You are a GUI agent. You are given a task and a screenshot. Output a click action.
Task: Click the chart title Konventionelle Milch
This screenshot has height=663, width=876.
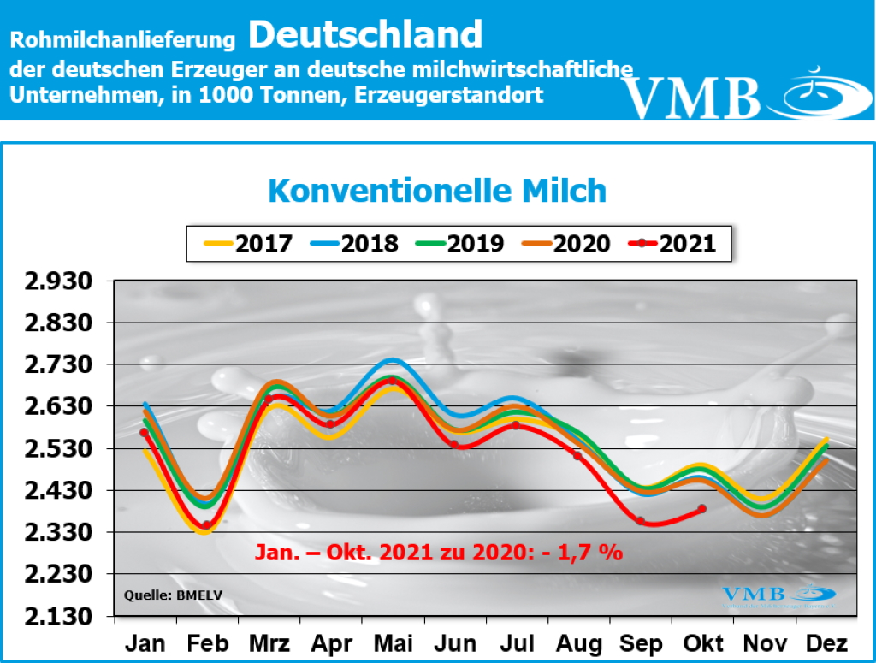pos(437,191)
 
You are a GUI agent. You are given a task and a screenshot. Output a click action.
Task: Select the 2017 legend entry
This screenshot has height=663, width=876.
pos(248,244)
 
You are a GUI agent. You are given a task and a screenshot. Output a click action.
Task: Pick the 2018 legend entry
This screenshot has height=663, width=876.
pos(353,244)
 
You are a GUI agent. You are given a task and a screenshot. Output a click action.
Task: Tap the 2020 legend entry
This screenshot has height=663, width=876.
pos(565,244)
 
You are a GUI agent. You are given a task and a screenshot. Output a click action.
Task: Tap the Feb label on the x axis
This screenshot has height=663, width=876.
pos(206,643)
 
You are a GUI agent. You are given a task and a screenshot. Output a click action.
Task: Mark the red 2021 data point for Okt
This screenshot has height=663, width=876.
pos(701,509)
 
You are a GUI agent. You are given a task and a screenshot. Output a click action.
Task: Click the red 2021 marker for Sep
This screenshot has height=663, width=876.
pos(640,520)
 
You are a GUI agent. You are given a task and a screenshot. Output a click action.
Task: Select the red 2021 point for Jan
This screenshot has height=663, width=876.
pos(145,433)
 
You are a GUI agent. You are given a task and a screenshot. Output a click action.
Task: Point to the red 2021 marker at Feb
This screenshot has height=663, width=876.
pos(206,525)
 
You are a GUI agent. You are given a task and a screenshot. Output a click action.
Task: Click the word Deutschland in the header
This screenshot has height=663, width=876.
pos(366,35)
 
